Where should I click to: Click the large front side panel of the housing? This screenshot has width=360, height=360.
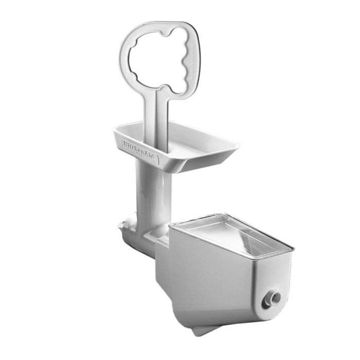click(x=206, y=283)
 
